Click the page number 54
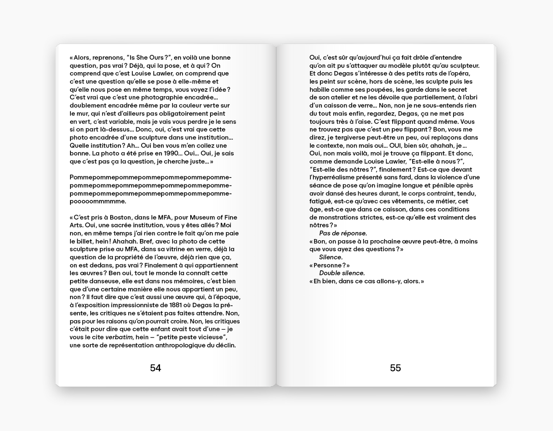click(x=155, y=368)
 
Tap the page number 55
click(x=395, y=368)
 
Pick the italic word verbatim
click(x=119, y=337)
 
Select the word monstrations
click(x=340, y=217)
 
